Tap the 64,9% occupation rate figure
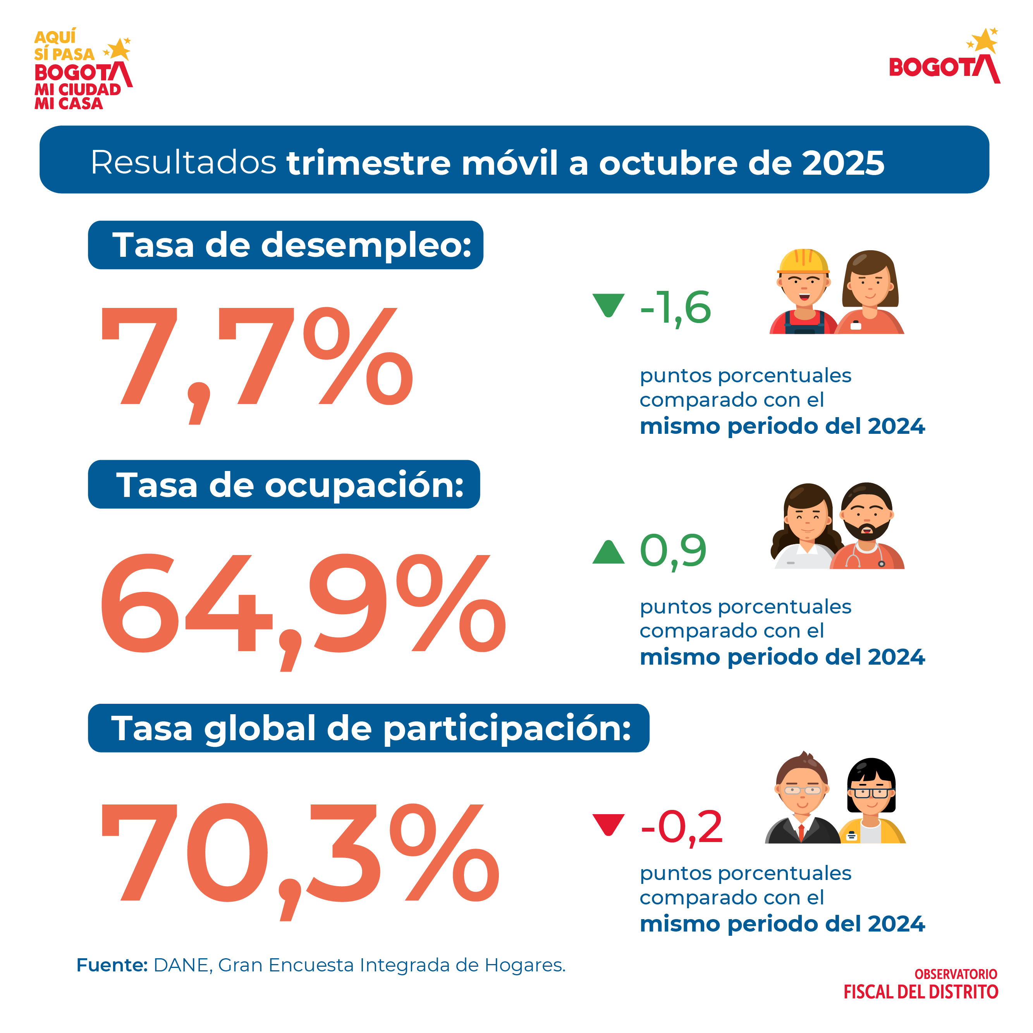pyautogui.click(x=302, y=604)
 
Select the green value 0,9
pyautogui.click(x=673, y=551)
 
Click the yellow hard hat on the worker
pyautogui.click(x=803, y=262)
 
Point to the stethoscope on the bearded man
pyautogui.click(x=866, y=556)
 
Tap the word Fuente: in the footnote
pyautogui.click(x=112, y=965)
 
